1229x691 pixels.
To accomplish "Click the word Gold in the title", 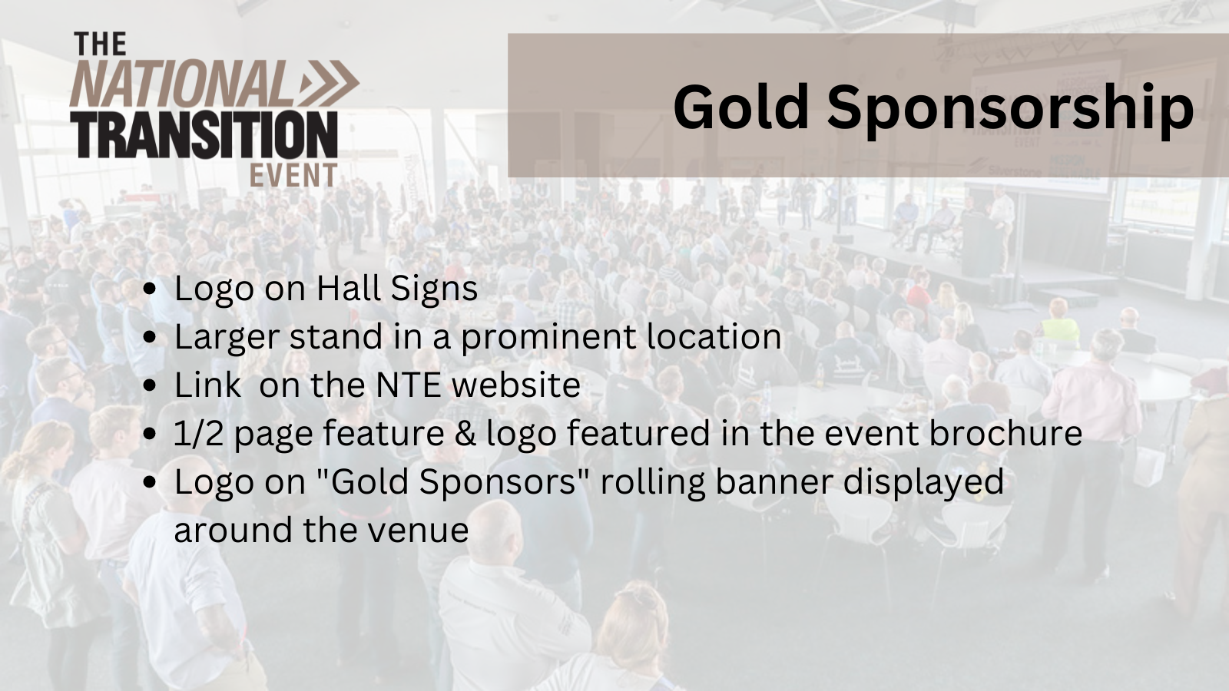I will (x=741, y=107).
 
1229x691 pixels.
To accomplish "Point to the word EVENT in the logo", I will (x=293, y=176).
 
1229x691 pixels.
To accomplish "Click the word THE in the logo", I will (x=100, y=45).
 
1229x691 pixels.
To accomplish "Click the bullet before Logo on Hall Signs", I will (x=151, y=289).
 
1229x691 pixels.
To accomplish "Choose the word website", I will (x=515, y=385).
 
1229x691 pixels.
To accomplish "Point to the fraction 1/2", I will (x=198, y=433).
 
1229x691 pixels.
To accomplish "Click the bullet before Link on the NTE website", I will (x=151, y=386).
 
